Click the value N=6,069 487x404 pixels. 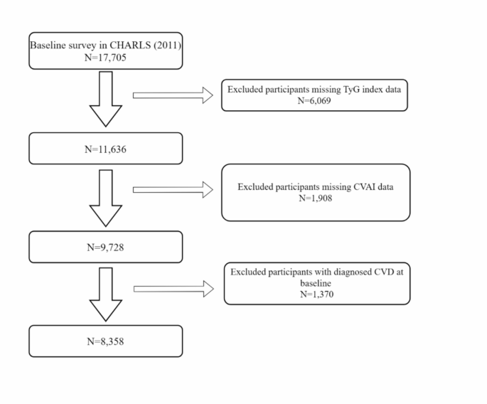tap(315, 101)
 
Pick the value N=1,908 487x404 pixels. tap(315, 198)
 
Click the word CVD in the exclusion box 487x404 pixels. tap(382, 272)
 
